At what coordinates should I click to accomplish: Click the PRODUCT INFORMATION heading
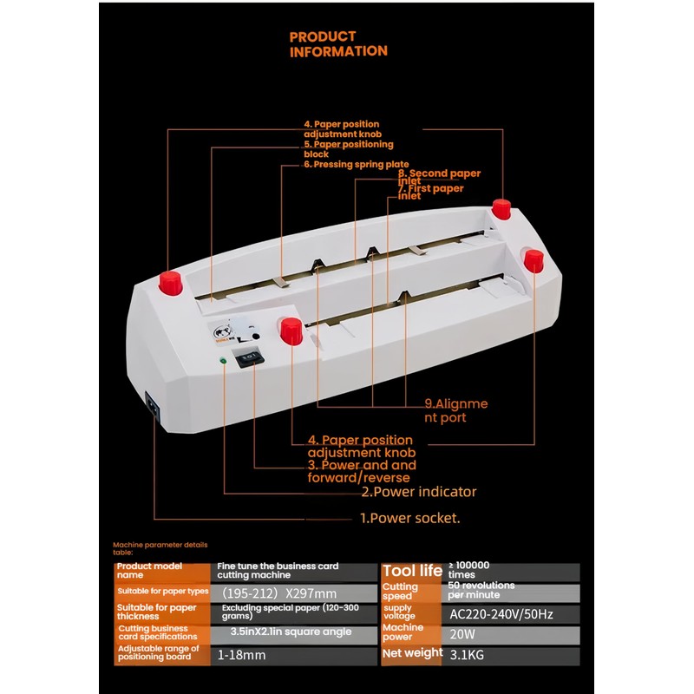[338, 43]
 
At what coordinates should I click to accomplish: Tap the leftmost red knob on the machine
[171, 281]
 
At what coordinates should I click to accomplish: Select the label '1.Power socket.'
[410, 519]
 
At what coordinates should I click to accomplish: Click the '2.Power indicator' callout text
[419, 492]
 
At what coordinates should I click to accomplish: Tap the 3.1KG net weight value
[469, 655]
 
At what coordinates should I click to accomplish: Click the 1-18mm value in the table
[242, 655]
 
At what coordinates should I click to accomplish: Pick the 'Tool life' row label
[412, 571]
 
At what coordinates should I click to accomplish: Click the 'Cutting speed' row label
[401, 592]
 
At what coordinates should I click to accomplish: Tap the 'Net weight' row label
[411, 653]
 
